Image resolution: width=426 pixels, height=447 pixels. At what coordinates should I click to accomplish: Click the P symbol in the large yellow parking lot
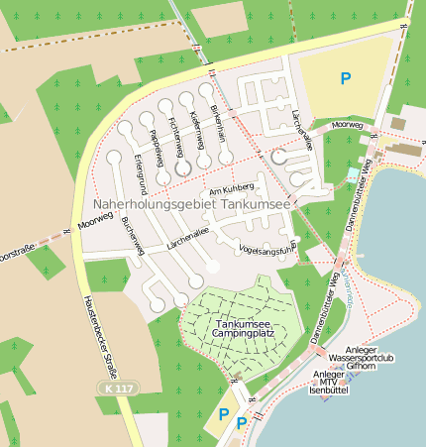click(x=345, y=77)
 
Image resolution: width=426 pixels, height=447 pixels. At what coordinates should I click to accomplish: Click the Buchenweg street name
click(x=133, y=237)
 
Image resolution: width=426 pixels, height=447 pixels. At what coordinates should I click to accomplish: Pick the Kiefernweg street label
click(x=195, y=129)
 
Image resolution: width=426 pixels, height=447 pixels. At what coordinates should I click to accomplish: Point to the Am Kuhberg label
click(x=232, y=186)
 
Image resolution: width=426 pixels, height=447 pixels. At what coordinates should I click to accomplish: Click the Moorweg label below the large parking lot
click(x=347, y=125)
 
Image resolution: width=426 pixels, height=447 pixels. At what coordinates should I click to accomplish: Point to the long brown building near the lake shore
click(x=405, y=150)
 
